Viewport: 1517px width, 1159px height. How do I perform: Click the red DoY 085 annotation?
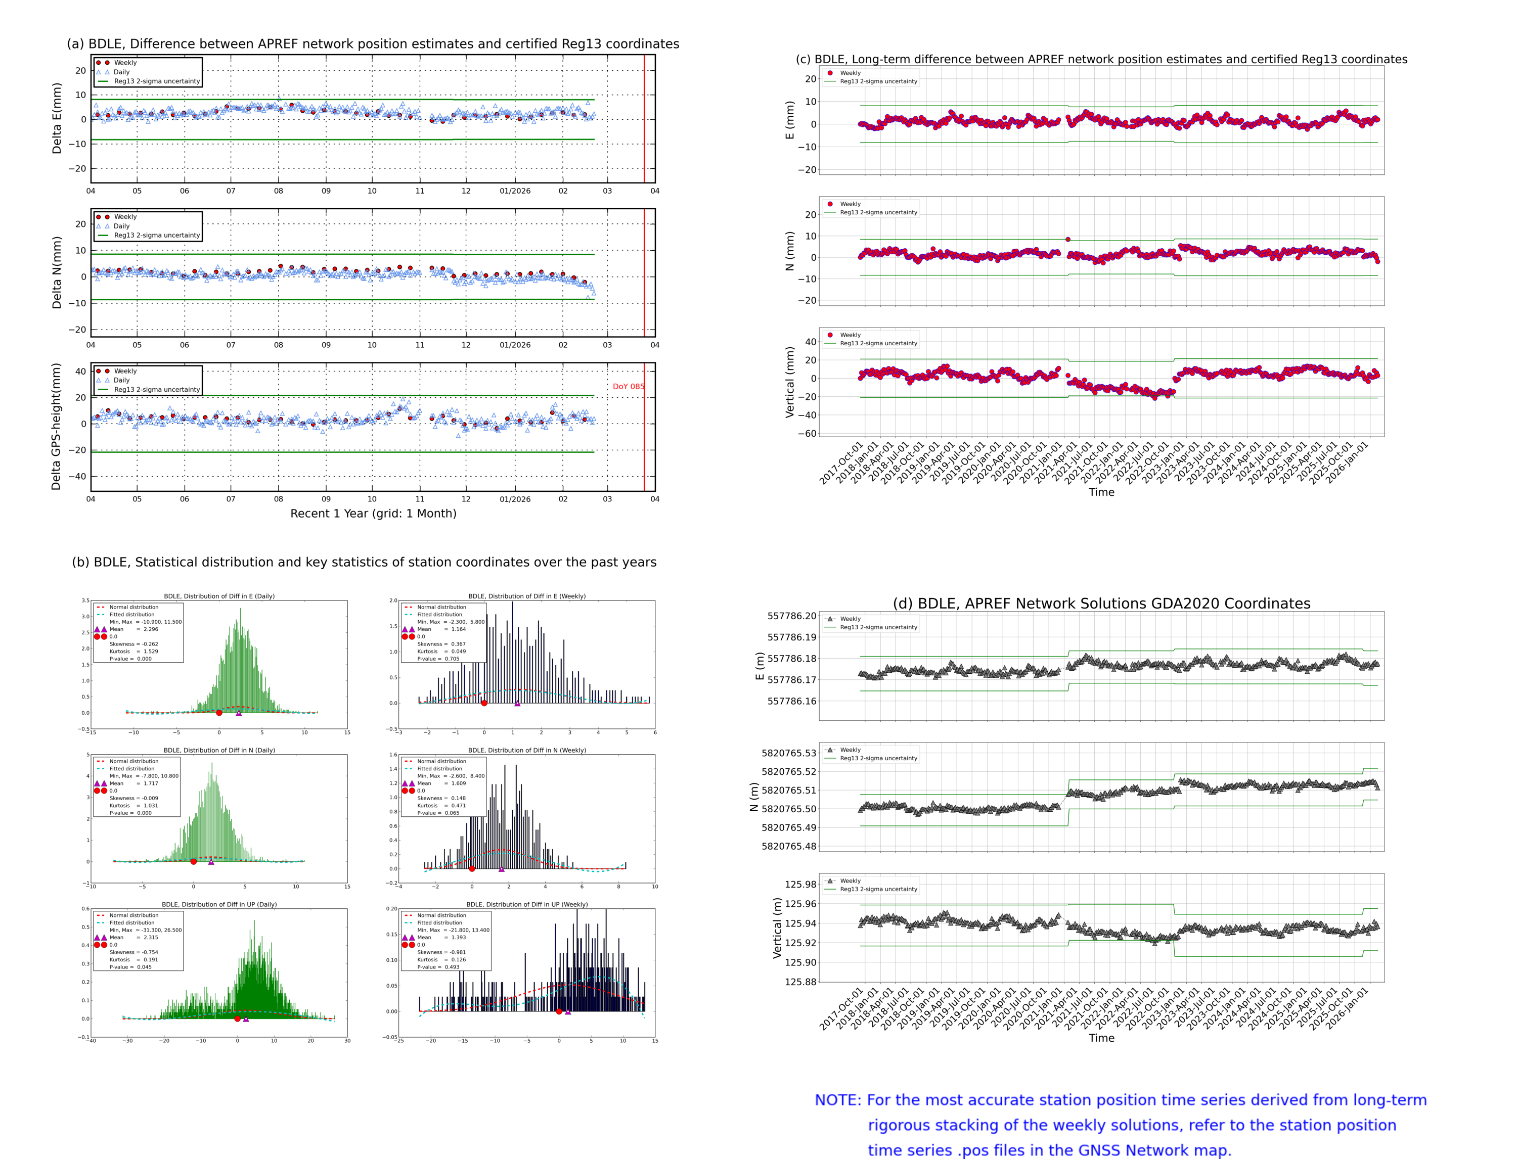[628, 386]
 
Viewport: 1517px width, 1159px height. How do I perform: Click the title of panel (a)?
[373, 44]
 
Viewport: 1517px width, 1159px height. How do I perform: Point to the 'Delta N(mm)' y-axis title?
[57, 272]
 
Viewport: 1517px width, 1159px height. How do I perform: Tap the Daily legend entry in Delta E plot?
[121, 72]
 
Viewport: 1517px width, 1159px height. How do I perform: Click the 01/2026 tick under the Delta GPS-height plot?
[515, 499]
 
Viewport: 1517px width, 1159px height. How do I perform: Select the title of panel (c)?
[1101, 59]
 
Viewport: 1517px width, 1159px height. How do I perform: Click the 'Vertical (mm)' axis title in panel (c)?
[789, 382]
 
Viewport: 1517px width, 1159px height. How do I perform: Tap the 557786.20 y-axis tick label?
[792, 616]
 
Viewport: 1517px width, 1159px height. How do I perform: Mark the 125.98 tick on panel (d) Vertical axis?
[800, 885]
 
